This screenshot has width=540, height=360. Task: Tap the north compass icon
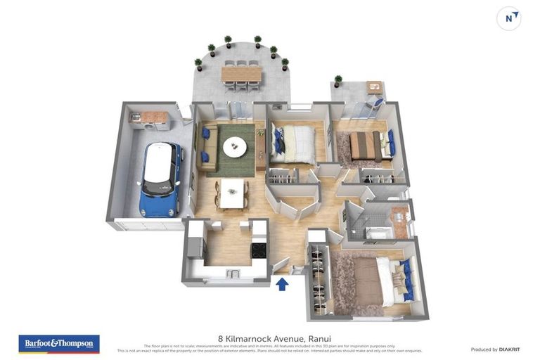[509, 18]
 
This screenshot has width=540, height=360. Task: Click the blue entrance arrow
[282, 283]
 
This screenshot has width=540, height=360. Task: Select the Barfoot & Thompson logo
[59, 343]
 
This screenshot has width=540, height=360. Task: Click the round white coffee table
[235, 147]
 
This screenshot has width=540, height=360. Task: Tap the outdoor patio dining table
[241, 74]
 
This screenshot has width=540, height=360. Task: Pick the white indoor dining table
[232, 193]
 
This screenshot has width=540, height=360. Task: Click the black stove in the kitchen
[258, 250]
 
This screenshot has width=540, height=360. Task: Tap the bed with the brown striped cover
[366, 146]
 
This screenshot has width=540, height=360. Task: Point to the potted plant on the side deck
[338, 81]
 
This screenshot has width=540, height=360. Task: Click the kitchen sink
[234, 272]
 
